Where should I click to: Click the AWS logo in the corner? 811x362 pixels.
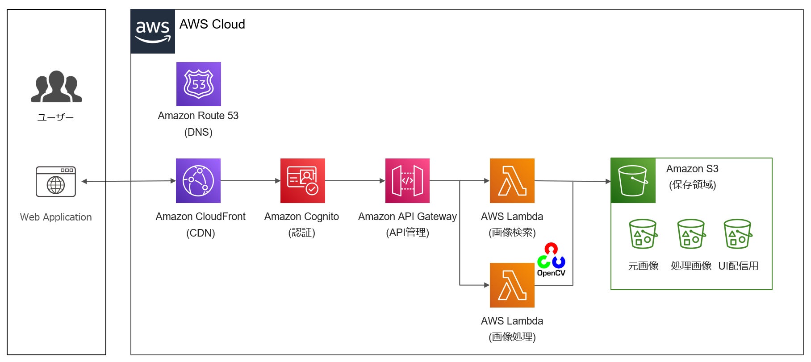pyautogui.click(x=153, y=31)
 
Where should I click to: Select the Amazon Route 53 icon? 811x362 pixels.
pyautogui.click(x=199, y=84)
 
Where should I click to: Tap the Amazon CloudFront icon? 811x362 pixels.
pyautogui.click(x=198, y=181)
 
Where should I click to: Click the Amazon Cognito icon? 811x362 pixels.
pyautogui.click(x=303, y=181)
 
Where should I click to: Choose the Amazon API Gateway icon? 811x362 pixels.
pyautogui.click(x=407, y=181)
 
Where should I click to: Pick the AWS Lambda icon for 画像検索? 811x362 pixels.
pyautogui.click(x=512, y=181)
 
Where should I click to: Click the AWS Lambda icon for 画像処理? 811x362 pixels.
pyautogui.click(x=512, y=285)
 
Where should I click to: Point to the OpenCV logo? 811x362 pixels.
pyautogui.click(x=551, y=260)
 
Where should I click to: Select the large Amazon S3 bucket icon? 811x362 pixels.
pyautogui.click(x=633, y=181)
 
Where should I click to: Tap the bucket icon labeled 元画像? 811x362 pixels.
pyautogui.click(x=643, y=234)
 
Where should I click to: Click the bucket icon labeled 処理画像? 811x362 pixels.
pyautogui.click(x=691, y=234)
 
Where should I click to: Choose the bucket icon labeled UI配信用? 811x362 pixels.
pyautogui.click(x=738, y=234)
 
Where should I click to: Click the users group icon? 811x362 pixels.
pyautogui.click(x=56, y=87)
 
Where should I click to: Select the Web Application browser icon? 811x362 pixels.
pyautogui.click(x=56, y=182)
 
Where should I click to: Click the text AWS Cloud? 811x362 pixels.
pyautogui.click(x=212, y=24)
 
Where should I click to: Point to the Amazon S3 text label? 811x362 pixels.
pyautogui.click(x=692, y=169)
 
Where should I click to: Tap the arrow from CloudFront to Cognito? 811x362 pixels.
pyautogui.click(x=251, y=181)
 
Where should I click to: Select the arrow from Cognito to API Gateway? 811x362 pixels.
pyautogui.click(x=355, y=181)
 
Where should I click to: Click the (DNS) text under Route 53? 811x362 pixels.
pyautogui.click(x=198, y=132)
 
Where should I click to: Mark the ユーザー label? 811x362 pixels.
pyautogui.click(x=55, y=117)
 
